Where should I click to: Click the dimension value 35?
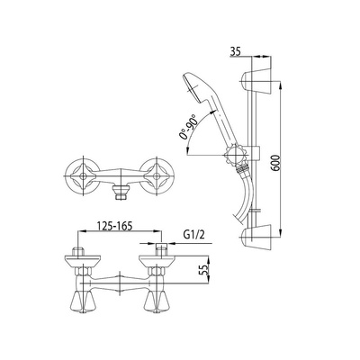pyautogui.click(x=236, y=52)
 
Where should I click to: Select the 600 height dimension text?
pyautogui.click(x=276, y=163)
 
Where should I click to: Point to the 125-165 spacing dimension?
pyautogui.click(x=115, y=226)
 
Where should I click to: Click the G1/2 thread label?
pyautogui.click(x=193, y=235)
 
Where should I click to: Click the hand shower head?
pyautogui.click(x=195, y=88)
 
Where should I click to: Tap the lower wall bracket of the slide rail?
pyautogui.click(x=256, y=236)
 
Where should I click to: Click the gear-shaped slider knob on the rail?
pyautogui.click(x=236, y=155)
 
